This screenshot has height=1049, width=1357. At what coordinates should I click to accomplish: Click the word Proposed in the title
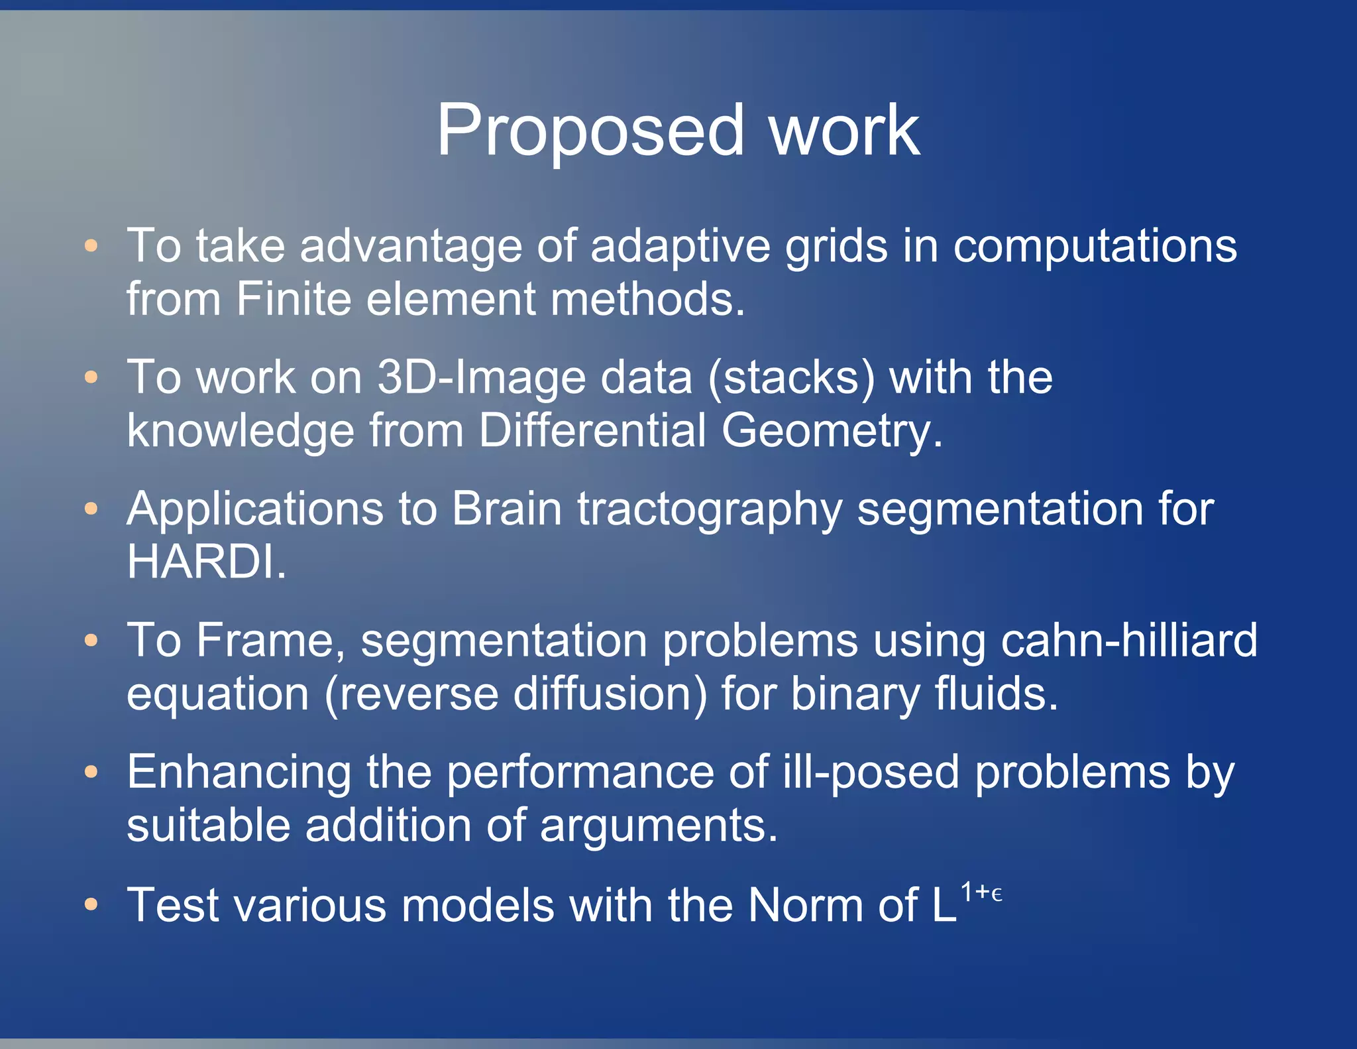(590, 131)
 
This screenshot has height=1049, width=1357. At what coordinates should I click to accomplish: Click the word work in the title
(844, 131)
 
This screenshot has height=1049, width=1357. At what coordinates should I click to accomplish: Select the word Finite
(294, 299)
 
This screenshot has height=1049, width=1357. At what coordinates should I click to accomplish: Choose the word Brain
(507, 509)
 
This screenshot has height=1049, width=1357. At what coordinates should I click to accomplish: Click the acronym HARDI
(205, 562)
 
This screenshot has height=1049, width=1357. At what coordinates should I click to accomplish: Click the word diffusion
(610, 694)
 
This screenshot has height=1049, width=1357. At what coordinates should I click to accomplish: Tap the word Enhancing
(239, 773)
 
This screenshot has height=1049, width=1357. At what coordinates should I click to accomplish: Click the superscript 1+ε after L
(981, 893)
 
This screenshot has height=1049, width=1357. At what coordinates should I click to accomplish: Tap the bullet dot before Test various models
(91, 904)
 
